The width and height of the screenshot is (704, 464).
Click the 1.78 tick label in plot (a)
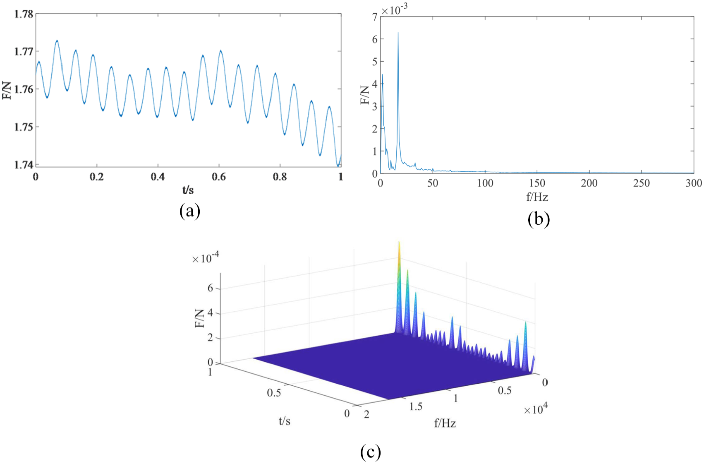point(24,14)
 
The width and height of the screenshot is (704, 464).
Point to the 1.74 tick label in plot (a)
point(24,165)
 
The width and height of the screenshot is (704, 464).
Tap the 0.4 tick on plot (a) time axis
point(158,177)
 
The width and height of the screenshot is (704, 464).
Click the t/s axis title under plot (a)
point(188,190)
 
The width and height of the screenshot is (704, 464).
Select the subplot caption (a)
point(190,211)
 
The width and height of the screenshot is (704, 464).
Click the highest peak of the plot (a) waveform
point(57,41)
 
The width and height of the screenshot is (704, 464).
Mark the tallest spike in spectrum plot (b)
point(398,33)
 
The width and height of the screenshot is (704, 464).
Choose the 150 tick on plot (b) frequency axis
point(537,183)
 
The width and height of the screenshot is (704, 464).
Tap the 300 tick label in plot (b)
point(694,183)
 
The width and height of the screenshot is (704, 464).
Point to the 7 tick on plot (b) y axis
point(375,17)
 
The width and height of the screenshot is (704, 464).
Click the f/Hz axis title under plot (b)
point(537,197)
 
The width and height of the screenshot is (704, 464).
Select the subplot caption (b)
point(538,219)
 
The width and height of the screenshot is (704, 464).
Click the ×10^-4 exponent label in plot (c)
point(206,258)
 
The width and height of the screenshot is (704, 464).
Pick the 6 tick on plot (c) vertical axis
point(210,288)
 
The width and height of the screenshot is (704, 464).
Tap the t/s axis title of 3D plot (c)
point(284,421)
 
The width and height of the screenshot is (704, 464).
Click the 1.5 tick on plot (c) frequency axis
point(416,406)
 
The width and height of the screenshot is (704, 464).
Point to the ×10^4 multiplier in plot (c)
point(536,409)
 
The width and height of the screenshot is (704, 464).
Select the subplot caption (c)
point(370,452)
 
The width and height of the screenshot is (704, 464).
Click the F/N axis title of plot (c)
point(200,318)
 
